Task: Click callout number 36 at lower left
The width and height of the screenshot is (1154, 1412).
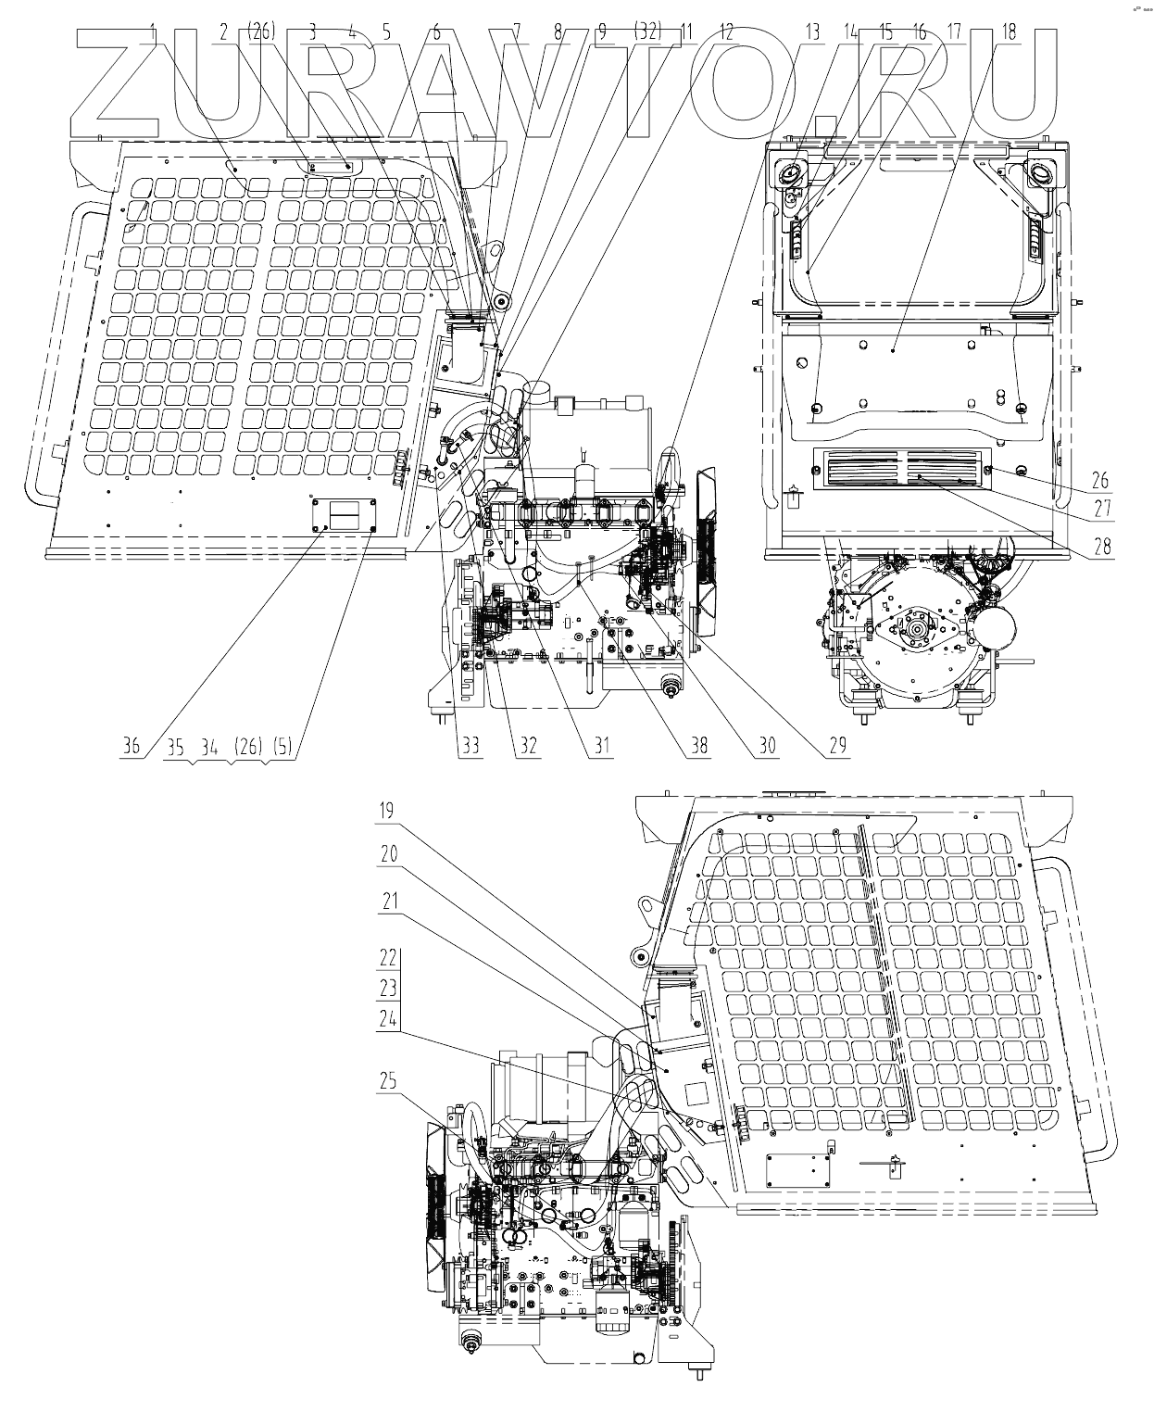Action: (132, 745)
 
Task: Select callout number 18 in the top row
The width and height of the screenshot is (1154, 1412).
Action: (1009, 31)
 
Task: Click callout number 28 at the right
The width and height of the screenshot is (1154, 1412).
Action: (1101, 546)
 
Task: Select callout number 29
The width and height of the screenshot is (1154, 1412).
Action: (837, 745)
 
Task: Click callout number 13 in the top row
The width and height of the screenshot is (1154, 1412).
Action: (812, 31)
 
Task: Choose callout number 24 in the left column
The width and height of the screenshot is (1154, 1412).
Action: (388, 1017)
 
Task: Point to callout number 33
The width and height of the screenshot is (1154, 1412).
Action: (471, 745)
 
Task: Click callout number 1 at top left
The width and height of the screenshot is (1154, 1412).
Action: (152, 31)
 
